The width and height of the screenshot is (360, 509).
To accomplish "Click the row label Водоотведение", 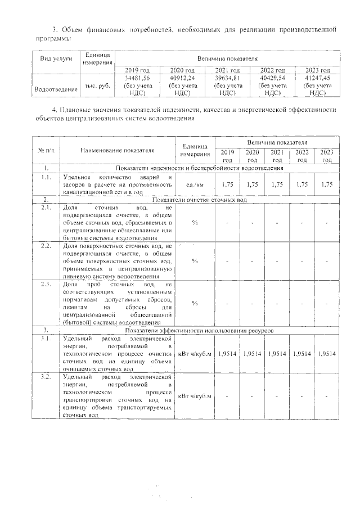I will (x=48, y=89).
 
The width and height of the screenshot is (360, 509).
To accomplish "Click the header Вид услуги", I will (x=56, y=59).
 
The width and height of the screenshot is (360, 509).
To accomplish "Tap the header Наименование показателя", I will (x=117, y=150).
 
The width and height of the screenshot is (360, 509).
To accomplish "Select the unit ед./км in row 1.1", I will (x=195, y=184).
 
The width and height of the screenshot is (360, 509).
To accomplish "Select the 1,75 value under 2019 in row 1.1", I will (x=227, y=184).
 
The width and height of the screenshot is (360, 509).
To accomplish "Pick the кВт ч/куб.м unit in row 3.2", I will (x=194, y=397).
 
